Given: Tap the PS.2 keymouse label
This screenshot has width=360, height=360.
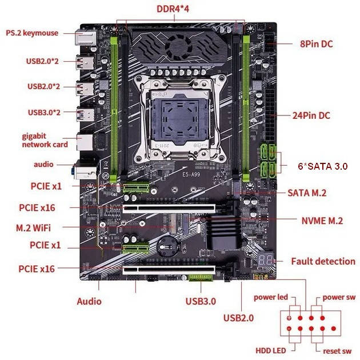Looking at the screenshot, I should point(32,33).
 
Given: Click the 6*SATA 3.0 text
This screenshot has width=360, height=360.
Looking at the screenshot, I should point(322,166).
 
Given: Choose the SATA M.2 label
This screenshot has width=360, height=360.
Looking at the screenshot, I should point(306,193).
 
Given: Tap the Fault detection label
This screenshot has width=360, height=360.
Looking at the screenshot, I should point(323,261).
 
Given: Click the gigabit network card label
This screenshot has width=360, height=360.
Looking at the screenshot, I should point(45,141).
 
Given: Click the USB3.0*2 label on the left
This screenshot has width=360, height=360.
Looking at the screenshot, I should point(43,112).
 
